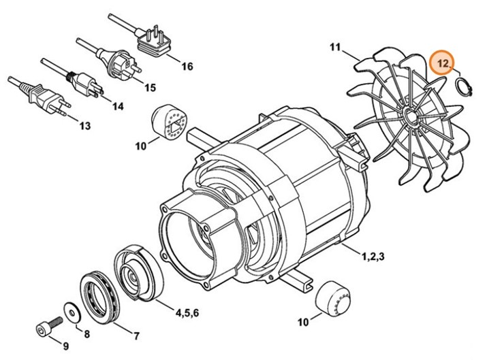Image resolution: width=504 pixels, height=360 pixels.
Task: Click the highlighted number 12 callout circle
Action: pos(443,64)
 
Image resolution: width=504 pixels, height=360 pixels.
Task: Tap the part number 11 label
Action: pos(334,48)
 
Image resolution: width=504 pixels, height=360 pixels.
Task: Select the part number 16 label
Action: pos(187,67)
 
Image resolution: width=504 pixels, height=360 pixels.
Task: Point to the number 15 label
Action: pos(150,87)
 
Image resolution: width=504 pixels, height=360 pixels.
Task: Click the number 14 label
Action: pos(118,106)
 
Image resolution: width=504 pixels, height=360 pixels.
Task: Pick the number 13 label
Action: pos(84,126)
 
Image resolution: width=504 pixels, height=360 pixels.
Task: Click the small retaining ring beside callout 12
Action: pos(463,86)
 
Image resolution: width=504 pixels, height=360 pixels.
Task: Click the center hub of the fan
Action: pos(411,117)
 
